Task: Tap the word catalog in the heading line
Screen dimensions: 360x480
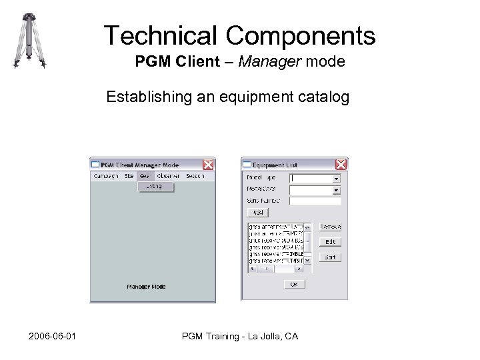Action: [325, 97]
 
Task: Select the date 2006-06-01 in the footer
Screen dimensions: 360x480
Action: [52, 336]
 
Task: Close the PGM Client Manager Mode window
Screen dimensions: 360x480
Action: [208, 165]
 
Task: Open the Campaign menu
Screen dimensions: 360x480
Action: [105, 176]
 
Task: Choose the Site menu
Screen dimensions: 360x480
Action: [129, 176]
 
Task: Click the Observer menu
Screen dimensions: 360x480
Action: [168, 176]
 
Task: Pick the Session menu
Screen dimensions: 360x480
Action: [195, 176]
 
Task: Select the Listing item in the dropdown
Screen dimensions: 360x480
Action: [155, 187]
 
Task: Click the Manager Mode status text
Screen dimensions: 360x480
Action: [146, 287]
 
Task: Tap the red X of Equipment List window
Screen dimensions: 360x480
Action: [341, 165]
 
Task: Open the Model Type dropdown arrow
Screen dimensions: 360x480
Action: [336, 179]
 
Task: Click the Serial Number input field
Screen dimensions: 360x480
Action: [315, 200]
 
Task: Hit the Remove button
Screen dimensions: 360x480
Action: [330, 227]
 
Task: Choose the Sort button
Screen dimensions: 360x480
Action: [330, 257]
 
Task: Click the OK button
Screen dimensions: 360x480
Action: [294, 284]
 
